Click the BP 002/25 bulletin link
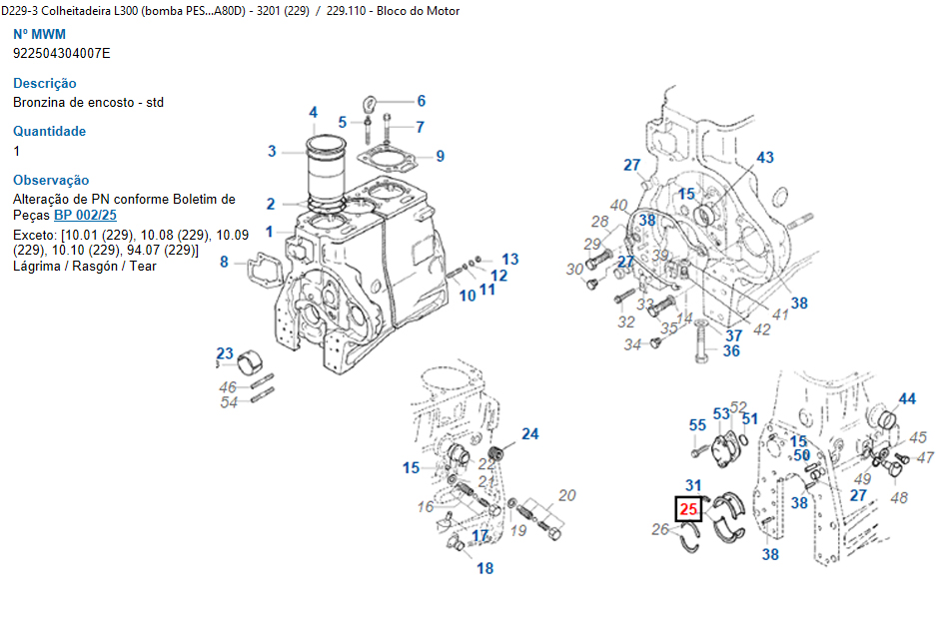[x=85, y=215]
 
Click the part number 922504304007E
[x=62, y=53]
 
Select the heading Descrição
[x=45, y=83]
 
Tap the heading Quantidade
[x=49, y=131]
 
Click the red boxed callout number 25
[x=689, y=509]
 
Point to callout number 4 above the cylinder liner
[x=313, y=113]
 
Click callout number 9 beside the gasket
[x=440, y=156]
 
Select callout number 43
[x=765, y=158]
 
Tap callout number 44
[x=906, y=399]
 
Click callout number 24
[x=529, y=434]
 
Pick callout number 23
[x=225, y=354]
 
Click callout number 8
[x=224, y=263]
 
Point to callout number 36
[x=731, y=350]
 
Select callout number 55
[x=697, y=425]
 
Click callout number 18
[x=484, y=569]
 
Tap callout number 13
[x=509, y=260]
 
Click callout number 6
[x=422, y=101]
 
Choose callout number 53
[x=721, y=414]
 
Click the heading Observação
[x=51, y=180]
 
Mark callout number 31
[x=693, y=486]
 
